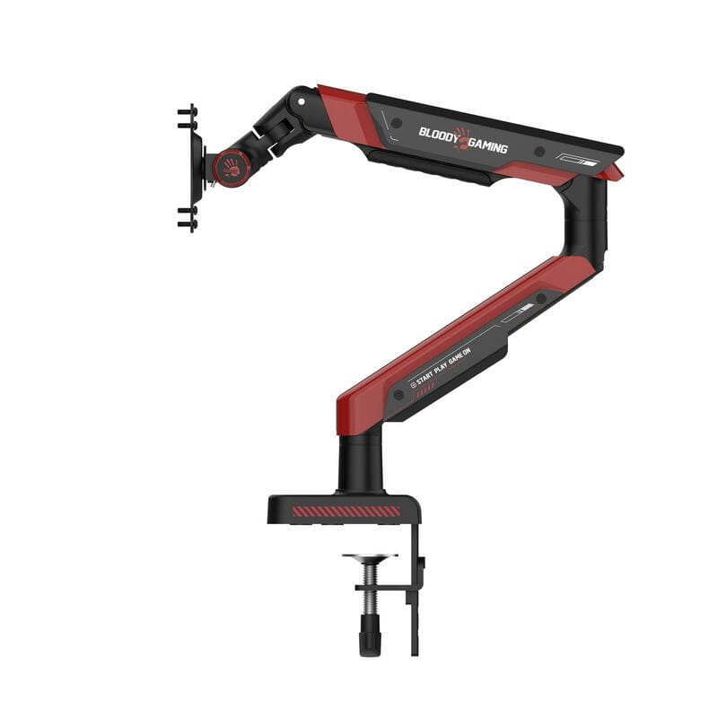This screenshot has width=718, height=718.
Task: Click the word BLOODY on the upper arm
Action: coord(438,132)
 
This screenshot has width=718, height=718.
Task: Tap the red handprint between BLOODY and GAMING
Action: coord(461,137)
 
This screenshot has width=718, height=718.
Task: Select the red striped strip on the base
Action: coord(346,511)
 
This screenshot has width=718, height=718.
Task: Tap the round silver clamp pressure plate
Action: coord(369,557)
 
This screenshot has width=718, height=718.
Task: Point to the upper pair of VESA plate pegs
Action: coord(187,115)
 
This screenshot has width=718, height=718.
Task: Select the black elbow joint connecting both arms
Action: coord(585,220)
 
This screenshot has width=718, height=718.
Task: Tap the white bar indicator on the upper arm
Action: coord(574,159)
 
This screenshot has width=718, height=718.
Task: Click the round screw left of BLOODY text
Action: coord(397,121)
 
